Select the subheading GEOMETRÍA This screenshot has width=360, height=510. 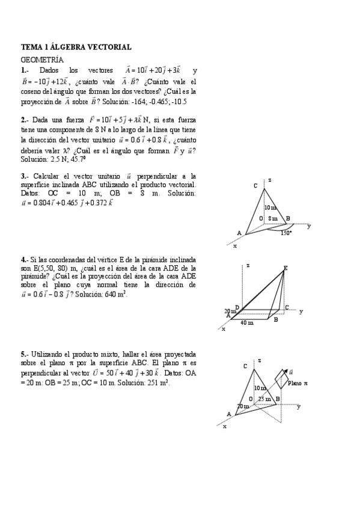tap(42, 60)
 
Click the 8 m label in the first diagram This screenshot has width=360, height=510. tap(273, 218)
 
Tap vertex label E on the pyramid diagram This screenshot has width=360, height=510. tap(285, 268)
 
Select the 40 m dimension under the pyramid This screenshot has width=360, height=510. tap(246, 323)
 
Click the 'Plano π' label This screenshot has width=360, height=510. tap(297, 383)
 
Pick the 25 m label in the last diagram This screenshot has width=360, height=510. tap(263, 399)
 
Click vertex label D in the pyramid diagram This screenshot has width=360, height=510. tap(237, 308)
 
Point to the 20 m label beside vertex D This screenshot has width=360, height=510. tap(230, 311)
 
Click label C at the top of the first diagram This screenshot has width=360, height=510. tap(255, 186)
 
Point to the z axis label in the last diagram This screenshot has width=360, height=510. tap(259, 360)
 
